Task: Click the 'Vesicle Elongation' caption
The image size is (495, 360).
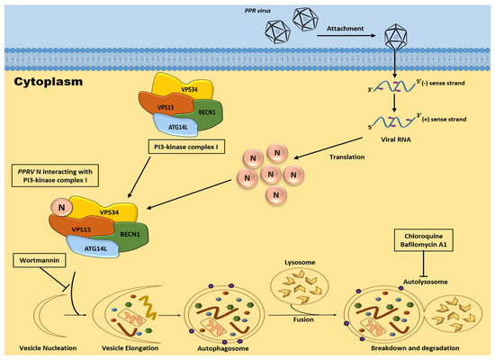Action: [x=126, y=345]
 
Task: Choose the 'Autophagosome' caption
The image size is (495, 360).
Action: [x=219, y=345]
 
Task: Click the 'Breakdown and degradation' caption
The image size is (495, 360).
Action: [x=400, y=345]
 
